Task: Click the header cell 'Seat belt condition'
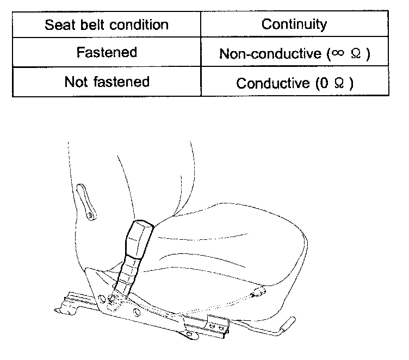(x=106, y=25)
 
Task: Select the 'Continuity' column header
(x=294, y=24)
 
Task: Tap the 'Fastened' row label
(x=106, y=53)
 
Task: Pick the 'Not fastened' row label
(x=106, y=82)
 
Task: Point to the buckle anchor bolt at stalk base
(x=114, y=298)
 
